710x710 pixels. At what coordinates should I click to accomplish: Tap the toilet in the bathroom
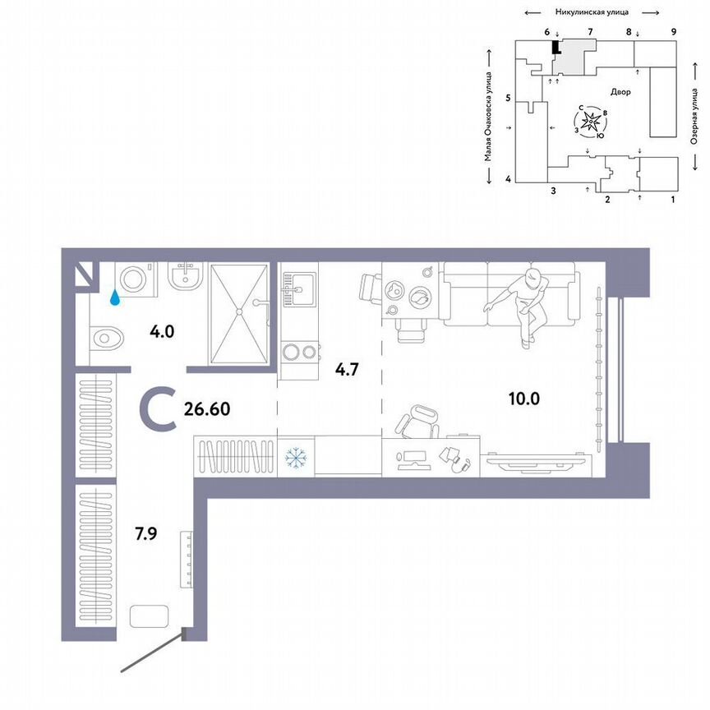coord(107,338)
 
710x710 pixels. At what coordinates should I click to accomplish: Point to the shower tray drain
coord(238,311)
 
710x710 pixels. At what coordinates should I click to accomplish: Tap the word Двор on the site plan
coord(620,92)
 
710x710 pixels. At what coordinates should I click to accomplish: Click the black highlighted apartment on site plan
coord(556,48)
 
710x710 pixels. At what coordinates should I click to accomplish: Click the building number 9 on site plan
coord(673,31)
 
